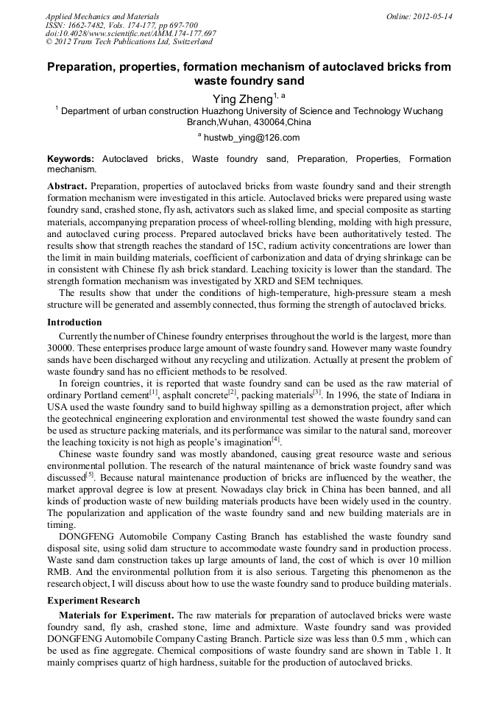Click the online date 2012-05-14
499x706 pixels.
point(433,16)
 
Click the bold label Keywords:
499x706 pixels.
point(71,159)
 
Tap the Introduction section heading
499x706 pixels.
point(74,322)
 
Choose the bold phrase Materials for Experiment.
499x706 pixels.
point(116,615)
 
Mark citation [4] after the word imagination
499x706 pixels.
point(276,440)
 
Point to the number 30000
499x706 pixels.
point(61,347)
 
